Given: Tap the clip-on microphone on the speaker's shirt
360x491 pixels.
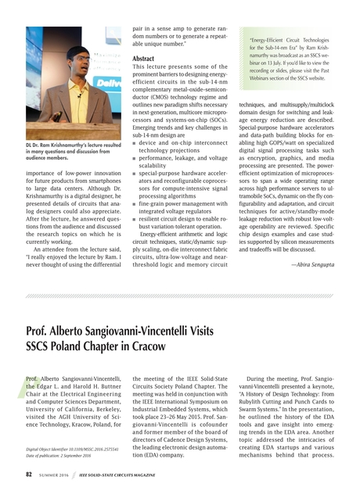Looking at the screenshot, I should point(78,95).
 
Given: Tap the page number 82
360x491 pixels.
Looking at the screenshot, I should point(28,474).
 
